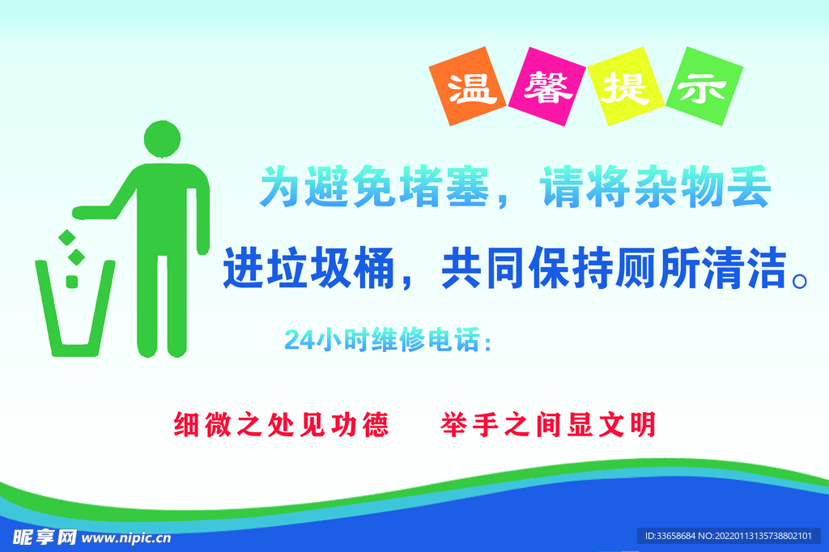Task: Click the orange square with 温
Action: tap(471, 89)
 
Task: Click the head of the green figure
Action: tap(162, 138)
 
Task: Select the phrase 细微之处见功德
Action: tap(281, 424)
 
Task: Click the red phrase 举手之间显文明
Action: tap(548, 424)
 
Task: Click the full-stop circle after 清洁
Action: tap(800, 280)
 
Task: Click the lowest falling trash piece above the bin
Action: tap(71, 282)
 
